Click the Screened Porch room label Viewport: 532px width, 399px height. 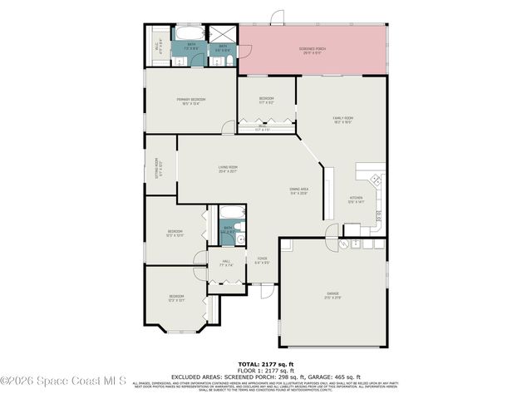[x=312, y=51]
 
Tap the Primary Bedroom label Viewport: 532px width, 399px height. [x=191, y=101]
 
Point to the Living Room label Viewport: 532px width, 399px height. [x=228, y=170]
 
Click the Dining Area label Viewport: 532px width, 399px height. [x=298, y=192]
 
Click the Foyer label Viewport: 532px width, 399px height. [x=262, y=260]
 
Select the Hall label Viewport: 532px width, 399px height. [x=226, y=264]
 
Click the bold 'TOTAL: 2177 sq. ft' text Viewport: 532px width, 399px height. [x=266, y=364]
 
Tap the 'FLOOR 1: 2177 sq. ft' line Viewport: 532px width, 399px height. [x=266, y=370]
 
